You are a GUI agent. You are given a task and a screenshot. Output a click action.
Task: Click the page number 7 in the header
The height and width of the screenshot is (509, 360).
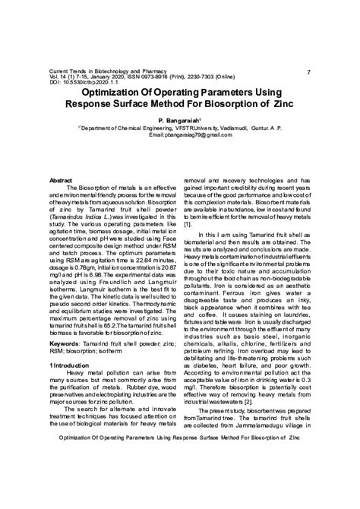coord(308,71)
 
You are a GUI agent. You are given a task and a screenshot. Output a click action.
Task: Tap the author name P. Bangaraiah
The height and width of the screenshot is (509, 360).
coord(179,121)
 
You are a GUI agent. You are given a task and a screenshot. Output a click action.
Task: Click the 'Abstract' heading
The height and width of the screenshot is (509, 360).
coord(61,180)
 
